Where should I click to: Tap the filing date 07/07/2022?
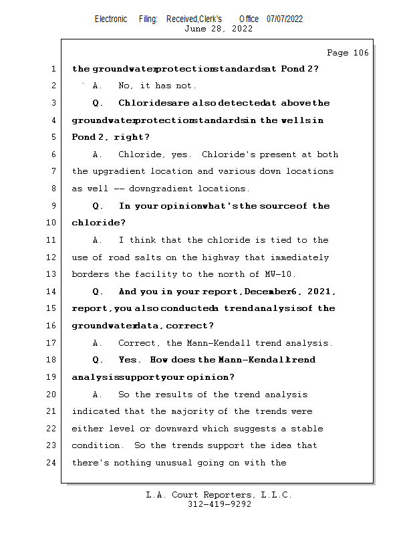[x=285, y=19]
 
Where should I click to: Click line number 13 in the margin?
[x=53, y=274]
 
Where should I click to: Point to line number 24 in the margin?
[x=53, y=462]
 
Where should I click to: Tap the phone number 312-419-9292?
[x=219, y=504]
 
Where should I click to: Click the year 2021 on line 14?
[x=322, y=292]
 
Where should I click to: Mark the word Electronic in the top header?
[x=111, y=19]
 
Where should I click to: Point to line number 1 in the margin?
[x=53, y=69]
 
